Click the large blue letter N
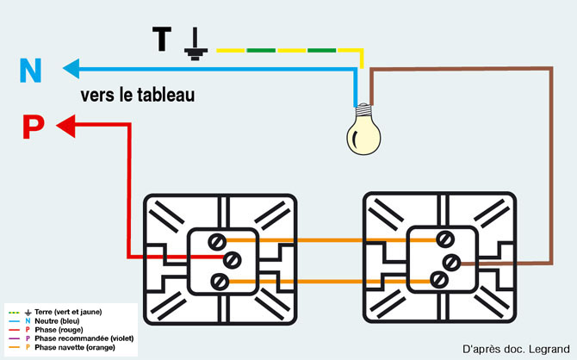(30, 70)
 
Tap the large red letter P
(32, 127)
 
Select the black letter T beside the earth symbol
(162, 40)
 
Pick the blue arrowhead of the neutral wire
(70, 65)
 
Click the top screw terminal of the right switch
(445, 239)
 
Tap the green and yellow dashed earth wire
(284, 51)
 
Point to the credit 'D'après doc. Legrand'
(514, 348)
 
